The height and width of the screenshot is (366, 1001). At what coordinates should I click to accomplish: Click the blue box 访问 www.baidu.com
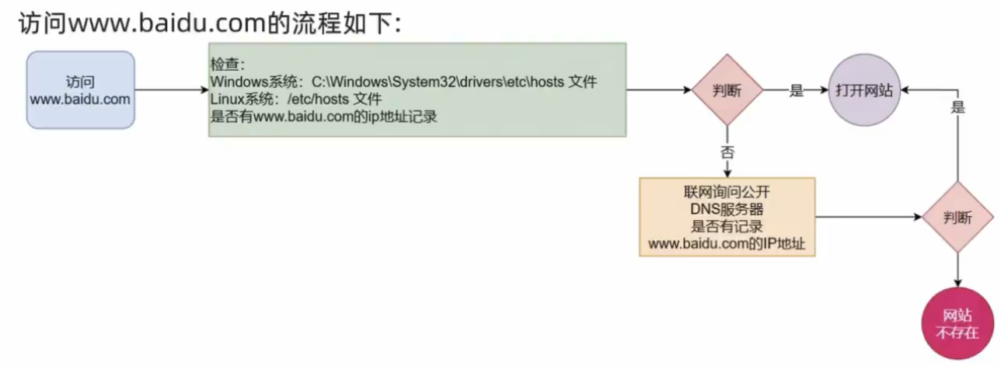[x=81, y=90]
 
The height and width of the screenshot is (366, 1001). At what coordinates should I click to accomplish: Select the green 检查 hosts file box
[x=417, y=90]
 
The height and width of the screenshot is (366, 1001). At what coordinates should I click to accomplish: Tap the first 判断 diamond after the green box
[x=727, y=90]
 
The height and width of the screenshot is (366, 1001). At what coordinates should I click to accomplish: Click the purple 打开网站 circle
[x=863, y=90]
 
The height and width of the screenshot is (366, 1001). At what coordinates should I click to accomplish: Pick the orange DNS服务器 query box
[x=727, y=217]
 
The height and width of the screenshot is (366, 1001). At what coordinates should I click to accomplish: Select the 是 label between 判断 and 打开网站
[x=796, y=90]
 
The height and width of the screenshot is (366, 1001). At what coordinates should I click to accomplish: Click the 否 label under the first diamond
[x=727, y=152]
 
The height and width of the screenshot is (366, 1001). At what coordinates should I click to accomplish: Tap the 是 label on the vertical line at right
[x=957, y=108]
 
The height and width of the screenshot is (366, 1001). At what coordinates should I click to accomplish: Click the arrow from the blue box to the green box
[x=171, y=90]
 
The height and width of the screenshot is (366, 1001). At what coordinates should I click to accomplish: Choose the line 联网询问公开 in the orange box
[x=727, y=190]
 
